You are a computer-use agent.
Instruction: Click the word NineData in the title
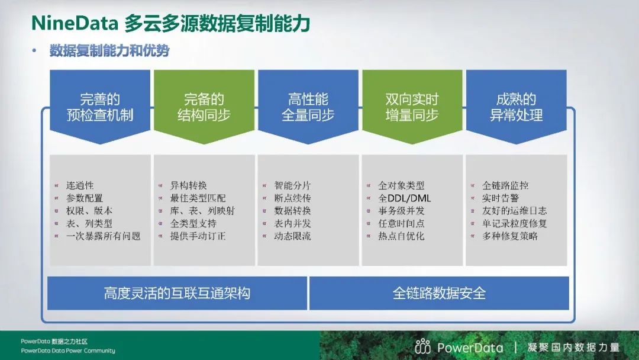75,24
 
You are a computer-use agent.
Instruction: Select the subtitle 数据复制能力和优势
109,50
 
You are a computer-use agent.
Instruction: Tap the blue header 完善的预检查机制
100,107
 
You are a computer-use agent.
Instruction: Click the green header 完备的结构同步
204,107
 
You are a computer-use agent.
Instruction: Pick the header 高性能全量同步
308,107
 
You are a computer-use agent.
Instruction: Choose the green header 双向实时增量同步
412,107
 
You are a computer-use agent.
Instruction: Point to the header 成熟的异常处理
517,107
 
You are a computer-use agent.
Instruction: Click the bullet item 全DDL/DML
404,198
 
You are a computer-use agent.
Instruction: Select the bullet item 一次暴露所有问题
103,236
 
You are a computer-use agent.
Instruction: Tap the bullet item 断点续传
292,198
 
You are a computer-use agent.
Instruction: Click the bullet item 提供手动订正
198,236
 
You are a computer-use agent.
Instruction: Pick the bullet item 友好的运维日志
514,211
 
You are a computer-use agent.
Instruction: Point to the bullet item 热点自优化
401,236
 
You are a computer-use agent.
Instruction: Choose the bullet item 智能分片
292,185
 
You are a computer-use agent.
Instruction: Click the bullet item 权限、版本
89,211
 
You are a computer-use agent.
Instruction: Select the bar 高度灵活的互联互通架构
177,293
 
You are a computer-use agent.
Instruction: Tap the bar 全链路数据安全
439,293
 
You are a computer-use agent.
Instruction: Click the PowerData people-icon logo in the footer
422,346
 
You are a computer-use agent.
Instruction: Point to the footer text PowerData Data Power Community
68,351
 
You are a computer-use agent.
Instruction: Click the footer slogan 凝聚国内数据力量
573,348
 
